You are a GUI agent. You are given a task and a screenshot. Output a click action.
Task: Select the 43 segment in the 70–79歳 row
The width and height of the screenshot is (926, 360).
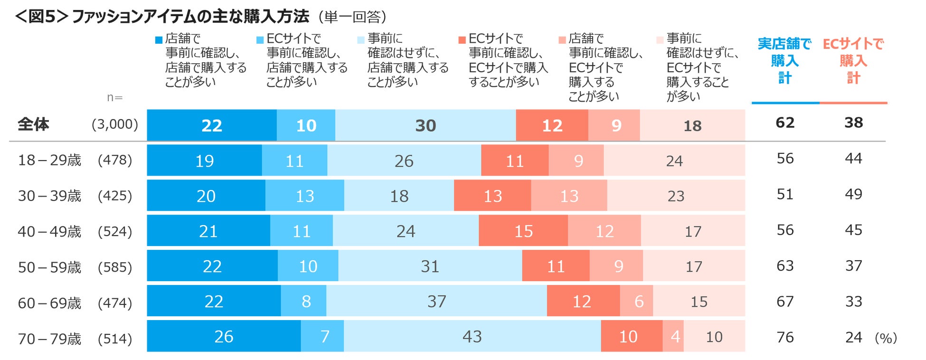472,336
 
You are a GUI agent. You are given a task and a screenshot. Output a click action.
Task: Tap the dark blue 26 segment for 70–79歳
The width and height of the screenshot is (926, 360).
224,336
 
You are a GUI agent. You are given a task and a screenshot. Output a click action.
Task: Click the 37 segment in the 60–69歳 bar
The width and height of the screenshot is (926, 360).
436,301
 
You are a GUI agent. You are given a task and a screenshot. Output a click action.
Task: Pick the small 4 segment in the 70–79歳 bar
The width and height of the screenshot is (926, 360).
675,336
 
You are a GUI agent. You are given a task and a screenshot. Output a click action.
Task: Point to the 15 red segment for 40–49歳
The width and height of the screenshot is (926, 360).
523,231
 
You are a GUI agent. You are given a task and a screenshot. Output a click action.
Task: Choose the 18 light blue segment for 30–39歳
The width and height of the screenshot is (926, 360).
399,196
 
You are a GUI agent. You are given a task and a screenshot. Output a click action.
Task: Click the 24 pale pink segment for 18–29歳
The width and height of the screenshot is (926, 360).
674,161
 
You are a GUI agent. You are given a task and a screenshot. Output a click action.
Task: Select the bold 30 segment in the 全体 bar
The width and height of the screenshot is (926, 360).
425,125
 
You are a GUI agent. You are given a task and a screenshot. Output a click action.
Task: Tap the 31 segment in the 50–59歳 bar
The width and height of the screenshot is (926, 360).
430,266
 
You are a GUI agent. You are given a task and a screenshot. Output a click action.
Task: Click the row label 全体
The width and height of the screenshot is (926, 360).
33,124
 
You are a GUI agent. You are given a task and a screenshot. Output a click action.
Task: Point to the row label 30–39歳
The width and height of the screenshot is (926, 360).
49,196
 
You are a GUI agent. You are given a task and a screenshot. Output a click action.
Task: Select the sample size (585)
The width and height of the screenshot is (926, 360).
115,267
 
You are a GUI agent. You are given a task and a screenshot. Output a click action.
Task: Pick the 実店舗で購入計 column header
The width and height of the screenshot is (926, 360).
784,61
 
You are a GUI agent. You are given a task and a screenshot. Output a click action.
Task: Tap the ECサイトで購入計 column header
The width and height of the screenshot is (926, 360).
853,61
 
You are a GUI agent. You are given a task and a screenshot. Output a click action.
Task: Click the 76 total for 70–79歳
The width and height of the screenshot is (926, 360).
785,337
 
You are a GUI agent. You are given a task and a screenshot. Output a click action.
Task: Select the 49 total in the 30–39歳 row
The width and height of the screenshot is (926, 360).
853,194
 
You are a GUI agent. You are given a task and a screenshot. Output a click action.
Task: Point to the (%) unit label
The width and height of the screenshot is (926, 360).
886,338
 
